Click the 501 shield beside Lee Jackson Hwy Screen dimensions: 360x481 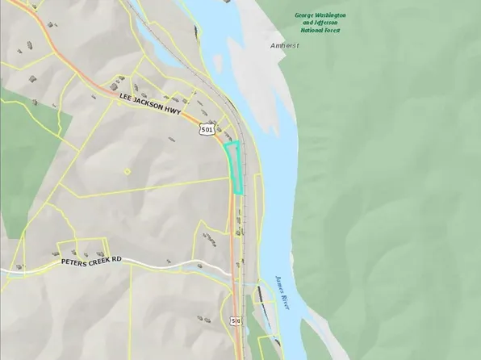tap(210, 129)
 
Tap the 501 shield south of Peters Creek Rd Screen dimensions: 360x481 tap(235, 321)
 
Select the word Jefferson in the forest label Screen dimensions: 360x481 tap(319, 23)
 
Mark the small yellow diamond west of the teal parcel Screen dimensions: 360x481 tap(127, 171)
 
